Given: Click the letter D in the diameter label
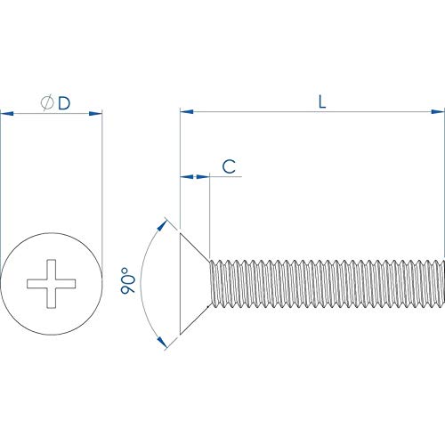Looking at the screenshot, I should coord(64,103).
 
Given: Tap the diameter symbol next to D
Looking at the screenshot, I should coord(47,103).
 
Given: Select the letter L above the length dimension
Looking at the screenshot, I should coord(321,101).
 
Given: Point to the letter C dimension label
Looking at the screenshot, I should coord(228,166).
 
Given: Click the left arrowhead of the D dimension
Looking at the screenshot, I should coord(5,113).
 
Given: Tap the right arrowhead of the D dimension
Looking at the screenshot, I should coord(98,113).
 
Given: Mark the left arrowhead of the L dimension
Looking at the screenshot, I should coord(185,112).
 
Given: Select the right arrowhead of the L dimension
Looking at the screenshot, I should coord(439,112).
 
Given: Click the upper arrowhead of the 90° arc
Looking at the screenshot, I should coord(163,222).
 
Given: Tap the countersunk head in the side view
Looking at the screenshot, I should coord(192,284).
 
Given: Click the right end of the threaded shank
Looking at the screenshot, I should coord(439,284).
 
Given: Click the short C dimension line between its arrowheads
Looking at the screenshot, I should coord(195,177).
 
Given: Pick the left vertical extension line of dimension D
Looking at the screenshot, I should coord(2,178).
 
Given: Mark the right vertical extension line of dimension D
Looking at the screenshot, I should coord(102,178).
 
